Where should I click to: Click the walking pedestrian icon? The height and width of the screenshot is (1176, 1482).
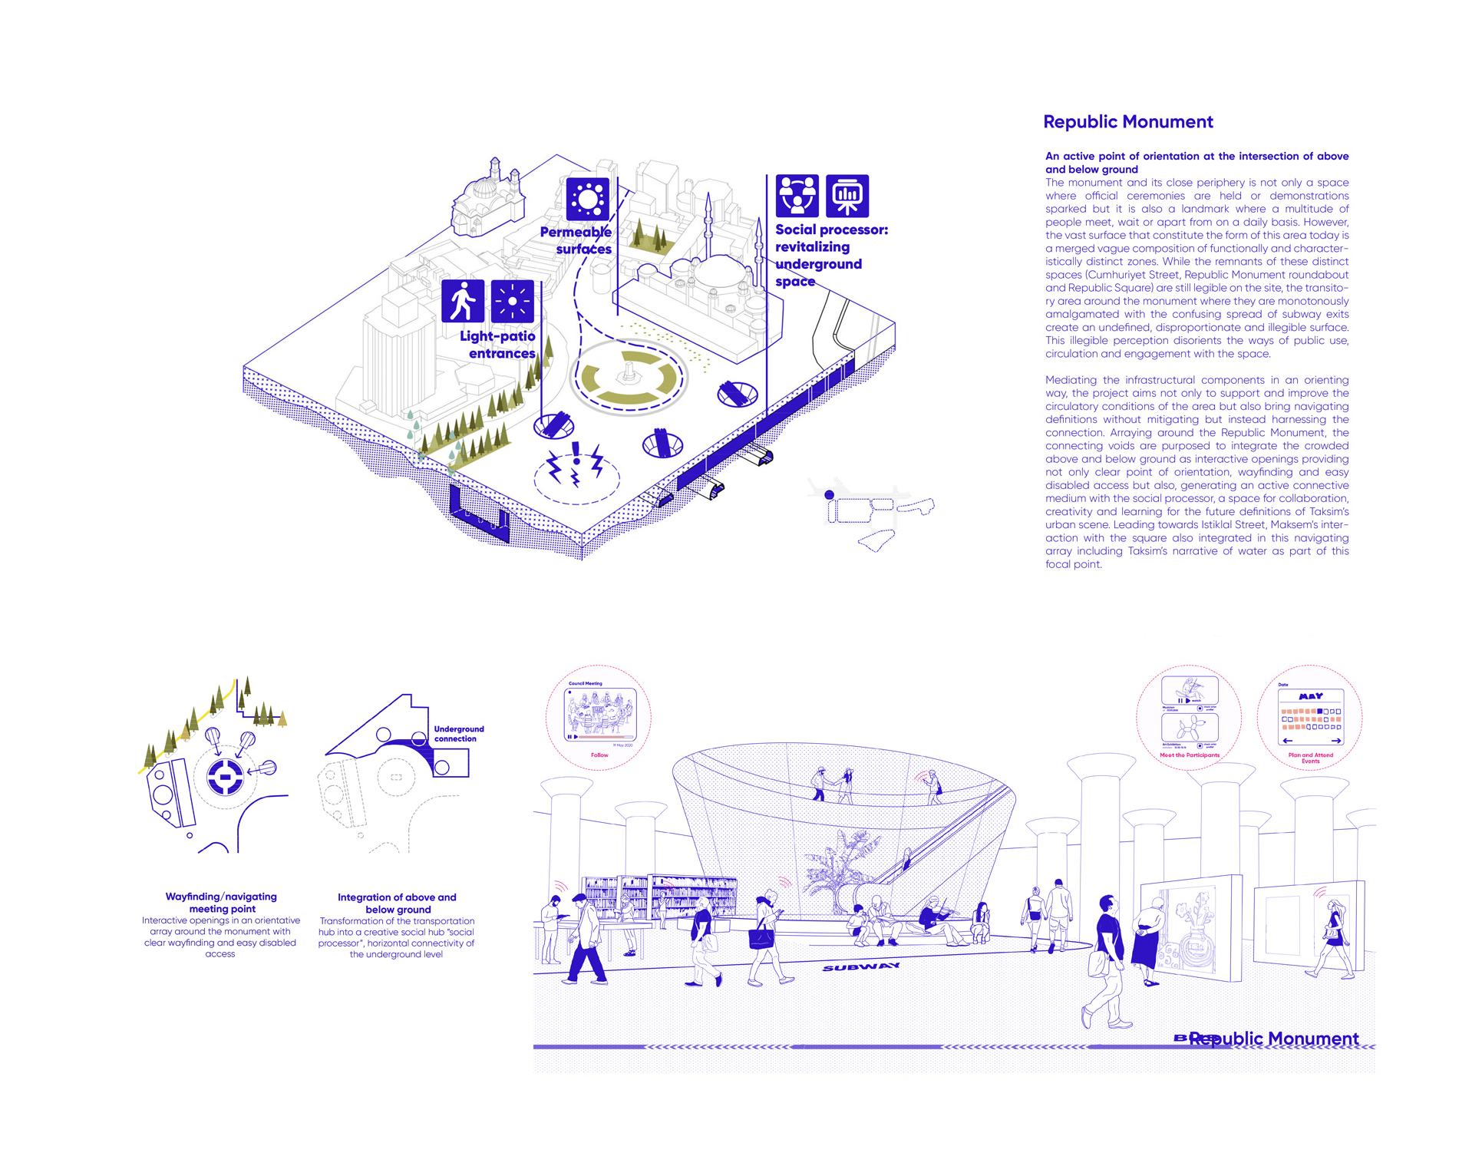(463, 300)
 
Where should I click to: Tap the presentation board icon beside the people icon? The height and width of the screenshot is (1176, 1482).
(847, 196)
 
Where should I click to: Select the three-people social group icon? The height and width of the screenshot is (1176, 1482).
(797, 196)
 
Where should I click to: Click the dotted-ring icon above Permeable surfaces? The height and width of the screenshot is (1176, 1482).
(588, 200)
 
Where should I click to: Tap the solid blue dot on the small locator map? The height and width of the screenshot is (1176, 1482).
(829, 495)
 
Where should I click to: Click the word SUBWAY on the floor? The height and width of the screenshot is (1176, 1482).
(860, 966)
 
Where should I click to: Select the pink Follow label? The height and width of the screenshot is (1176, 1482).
(599, 755)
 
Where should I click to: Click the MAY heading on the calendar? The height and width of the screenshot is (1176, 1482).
(1310, 696)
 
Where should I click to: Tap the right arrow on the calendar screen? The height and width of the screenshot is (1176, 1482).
(1336, 741)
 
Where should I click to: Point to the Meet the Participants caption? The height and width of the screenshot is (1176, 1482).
(1189, 755)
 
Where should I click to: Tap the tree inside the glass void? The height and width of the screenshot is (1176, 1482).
(840, 864)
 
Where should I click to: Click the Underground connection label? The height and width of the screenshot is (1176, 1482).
(459, 734)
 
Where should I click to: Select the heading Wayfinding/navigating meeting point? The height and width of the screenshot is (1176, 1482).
(222, 903)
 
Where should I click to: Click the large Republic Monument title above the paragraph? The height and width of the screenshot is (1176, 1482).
(1128, 122)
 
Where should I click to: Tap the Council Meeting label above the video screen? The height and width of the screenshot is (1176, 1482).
(585, 683)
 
